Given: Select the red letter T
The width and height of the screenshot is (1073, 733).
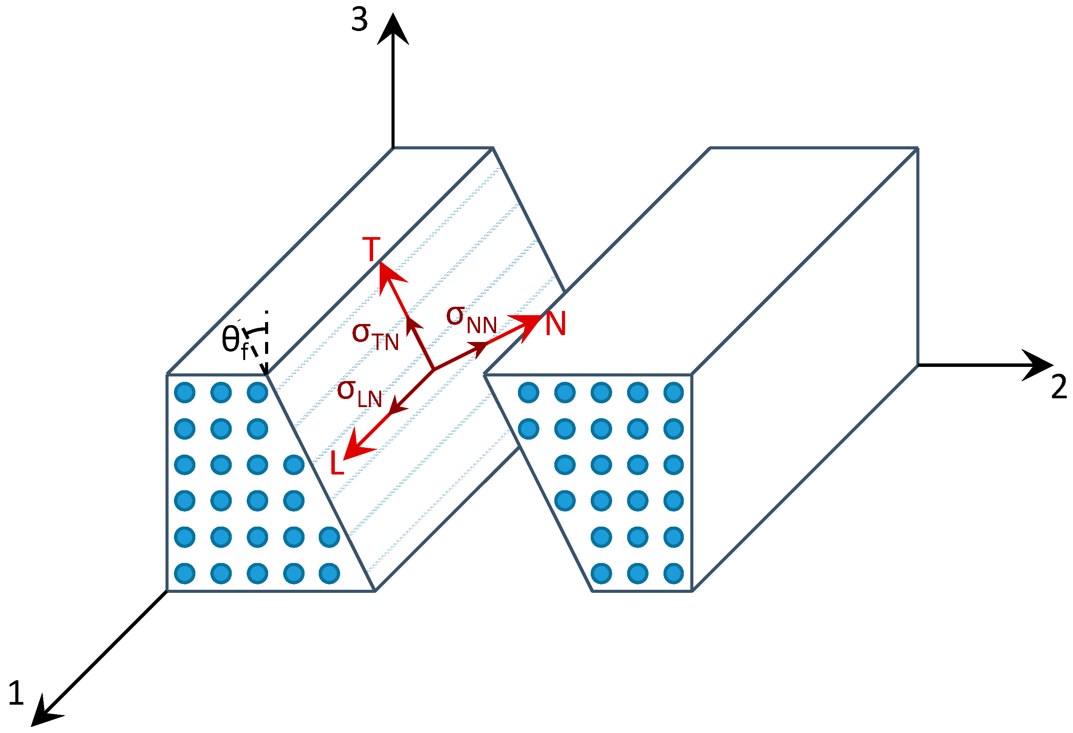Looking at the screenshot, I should coord(371,249).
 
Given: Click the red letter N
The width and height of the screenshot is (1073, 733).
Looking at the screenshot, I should coord(555,324).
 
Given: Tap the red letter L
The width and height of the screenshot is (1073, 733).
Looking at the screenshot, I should coord(337,463).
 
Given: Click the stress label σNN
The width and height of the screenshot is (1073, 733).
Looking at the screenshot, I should coord(471,320).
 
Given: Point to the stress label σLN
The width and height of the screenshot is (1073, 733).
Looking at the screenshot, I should coord(359,394).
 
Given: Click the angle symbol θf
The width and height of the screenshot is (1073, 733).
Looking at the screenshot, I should coord(234,341).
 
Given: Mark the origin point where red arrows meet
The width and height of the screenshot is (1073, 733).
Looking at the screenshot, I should coord(434,369).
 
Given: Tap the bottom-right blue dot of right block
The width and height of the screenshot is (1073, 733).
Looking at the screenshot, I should coord(673,574).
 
